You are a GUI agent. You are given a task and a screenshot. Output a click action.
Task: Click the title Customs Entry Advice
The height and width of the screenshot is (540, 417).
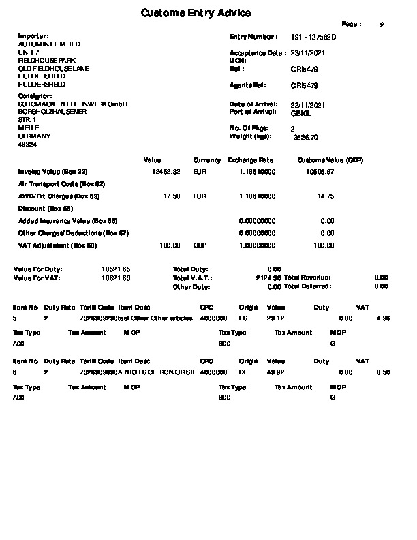(196, 13)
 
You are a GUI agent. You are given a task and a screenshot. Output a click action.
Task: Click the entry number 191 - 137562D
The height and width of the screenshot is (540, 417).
(313, 36)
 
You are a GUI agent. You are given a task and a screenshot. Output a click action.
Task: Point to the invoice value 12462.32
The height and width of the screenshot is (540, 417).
(166, 172)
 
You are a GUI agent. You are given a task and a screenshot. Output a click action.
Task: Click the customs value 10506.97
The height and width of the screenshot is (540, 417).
(320, 172)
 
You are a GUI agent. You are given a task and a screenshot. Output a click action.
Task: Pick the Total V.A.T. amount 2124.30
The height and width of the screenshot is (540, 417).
(268, 278)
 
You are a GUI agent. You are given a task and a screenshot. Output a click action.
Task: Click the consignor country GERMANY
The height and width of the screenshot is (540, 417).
(34, 136)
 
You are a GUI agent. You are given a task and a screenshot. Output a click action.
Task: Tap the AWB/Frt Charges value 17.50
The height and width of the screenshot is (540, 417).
(172, 196)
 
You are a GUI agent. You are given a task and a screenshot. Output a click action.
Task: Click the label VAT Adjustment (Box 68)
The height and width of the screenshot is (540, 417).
(58, 245)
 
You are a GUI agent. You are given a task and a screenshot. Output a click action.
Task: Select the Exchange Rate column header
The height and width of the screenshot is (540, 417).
(251, 160)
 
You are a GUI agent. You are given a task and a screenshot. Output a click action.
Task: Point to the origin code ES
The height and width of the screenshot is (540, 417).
(243, 318)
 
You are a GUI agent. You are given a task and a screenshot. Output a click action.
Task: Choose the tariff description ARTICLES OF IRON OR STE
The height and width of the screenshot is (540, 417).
(157, 372)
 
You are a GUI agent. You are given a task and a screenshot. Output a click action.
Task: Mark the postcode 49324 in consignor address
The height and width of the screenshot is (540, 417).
(27, 145)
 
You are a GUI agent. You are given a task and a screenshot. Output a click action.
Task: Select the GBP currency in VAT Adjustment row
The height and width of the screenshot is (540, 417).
(200, 245)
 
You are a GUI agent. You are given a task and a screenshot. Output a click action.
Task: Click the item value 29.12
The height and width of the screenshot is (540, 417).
(275, 318)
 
